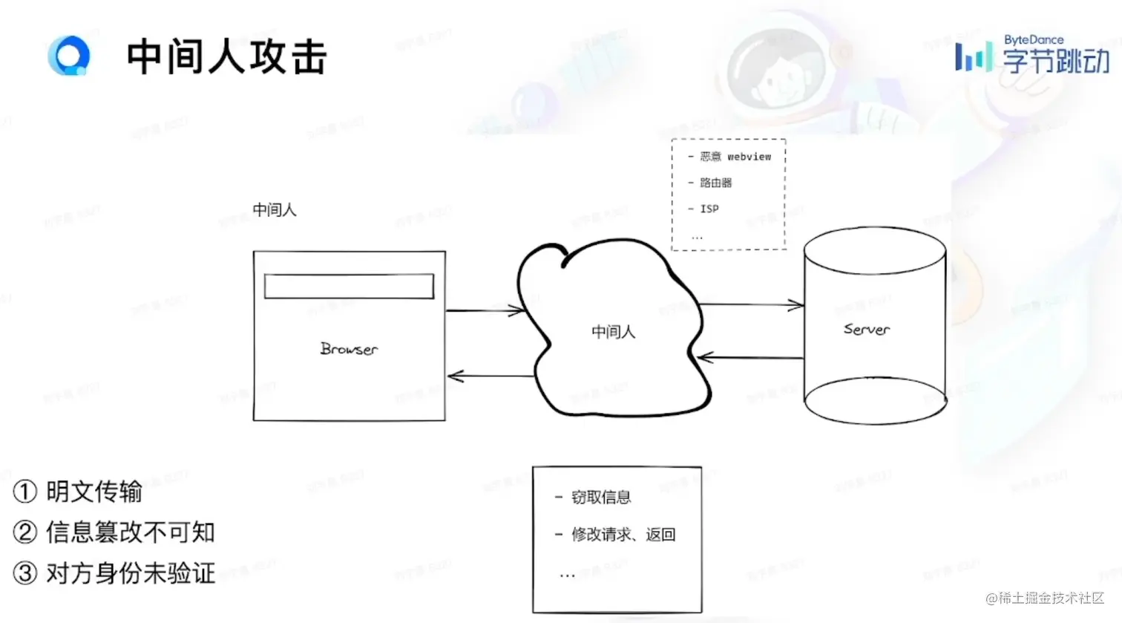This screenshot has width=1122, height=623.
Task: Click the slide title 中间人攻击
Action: (x=226, y=57)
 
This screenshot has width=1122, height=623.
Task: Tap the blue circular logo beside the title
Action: (x=69, y=56)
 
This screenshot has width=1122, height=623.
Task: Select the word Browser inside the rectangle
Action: (x=349, y=348)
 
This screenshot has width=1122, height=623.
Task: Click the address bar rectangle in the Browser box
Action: (x=349, y=287)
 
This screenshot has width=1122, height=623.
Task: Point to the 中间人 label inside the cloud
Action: (x=613, y=332)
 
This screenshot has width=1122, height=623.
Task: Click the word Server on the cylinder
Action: (x=866, y=329)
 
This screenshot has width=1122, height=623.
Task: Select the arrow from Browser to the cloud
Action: (x=485, y=310)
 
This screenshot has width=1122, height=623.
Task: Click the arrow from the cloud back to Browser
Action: (x=490, y=376)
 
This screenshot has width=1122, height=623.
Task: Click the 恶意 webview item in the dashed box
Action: (x=735, y=157)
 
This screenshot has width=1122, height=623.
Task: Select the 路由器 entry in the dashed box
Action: (x=715, y=183)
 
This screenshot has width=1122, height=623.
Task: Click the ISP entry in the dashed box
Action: (x=709, y=209)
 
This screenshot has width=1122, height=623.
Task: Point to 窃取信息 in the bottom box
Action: (x=600, y=498)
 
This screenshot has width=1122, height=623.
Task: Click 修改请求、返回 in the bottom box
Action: (x=623, y=535)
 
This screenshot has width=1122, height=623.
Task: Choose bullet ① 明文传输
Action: (x=79, y=492)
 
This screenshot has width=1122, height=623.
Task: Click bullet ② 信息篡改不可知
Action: (x=114, y=532)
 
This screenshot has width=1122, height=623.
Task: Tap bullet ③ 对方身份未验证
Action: (x=114, y=573)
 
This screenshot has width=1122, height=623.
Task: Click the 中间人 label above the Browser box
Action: (x=275, y=210)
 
